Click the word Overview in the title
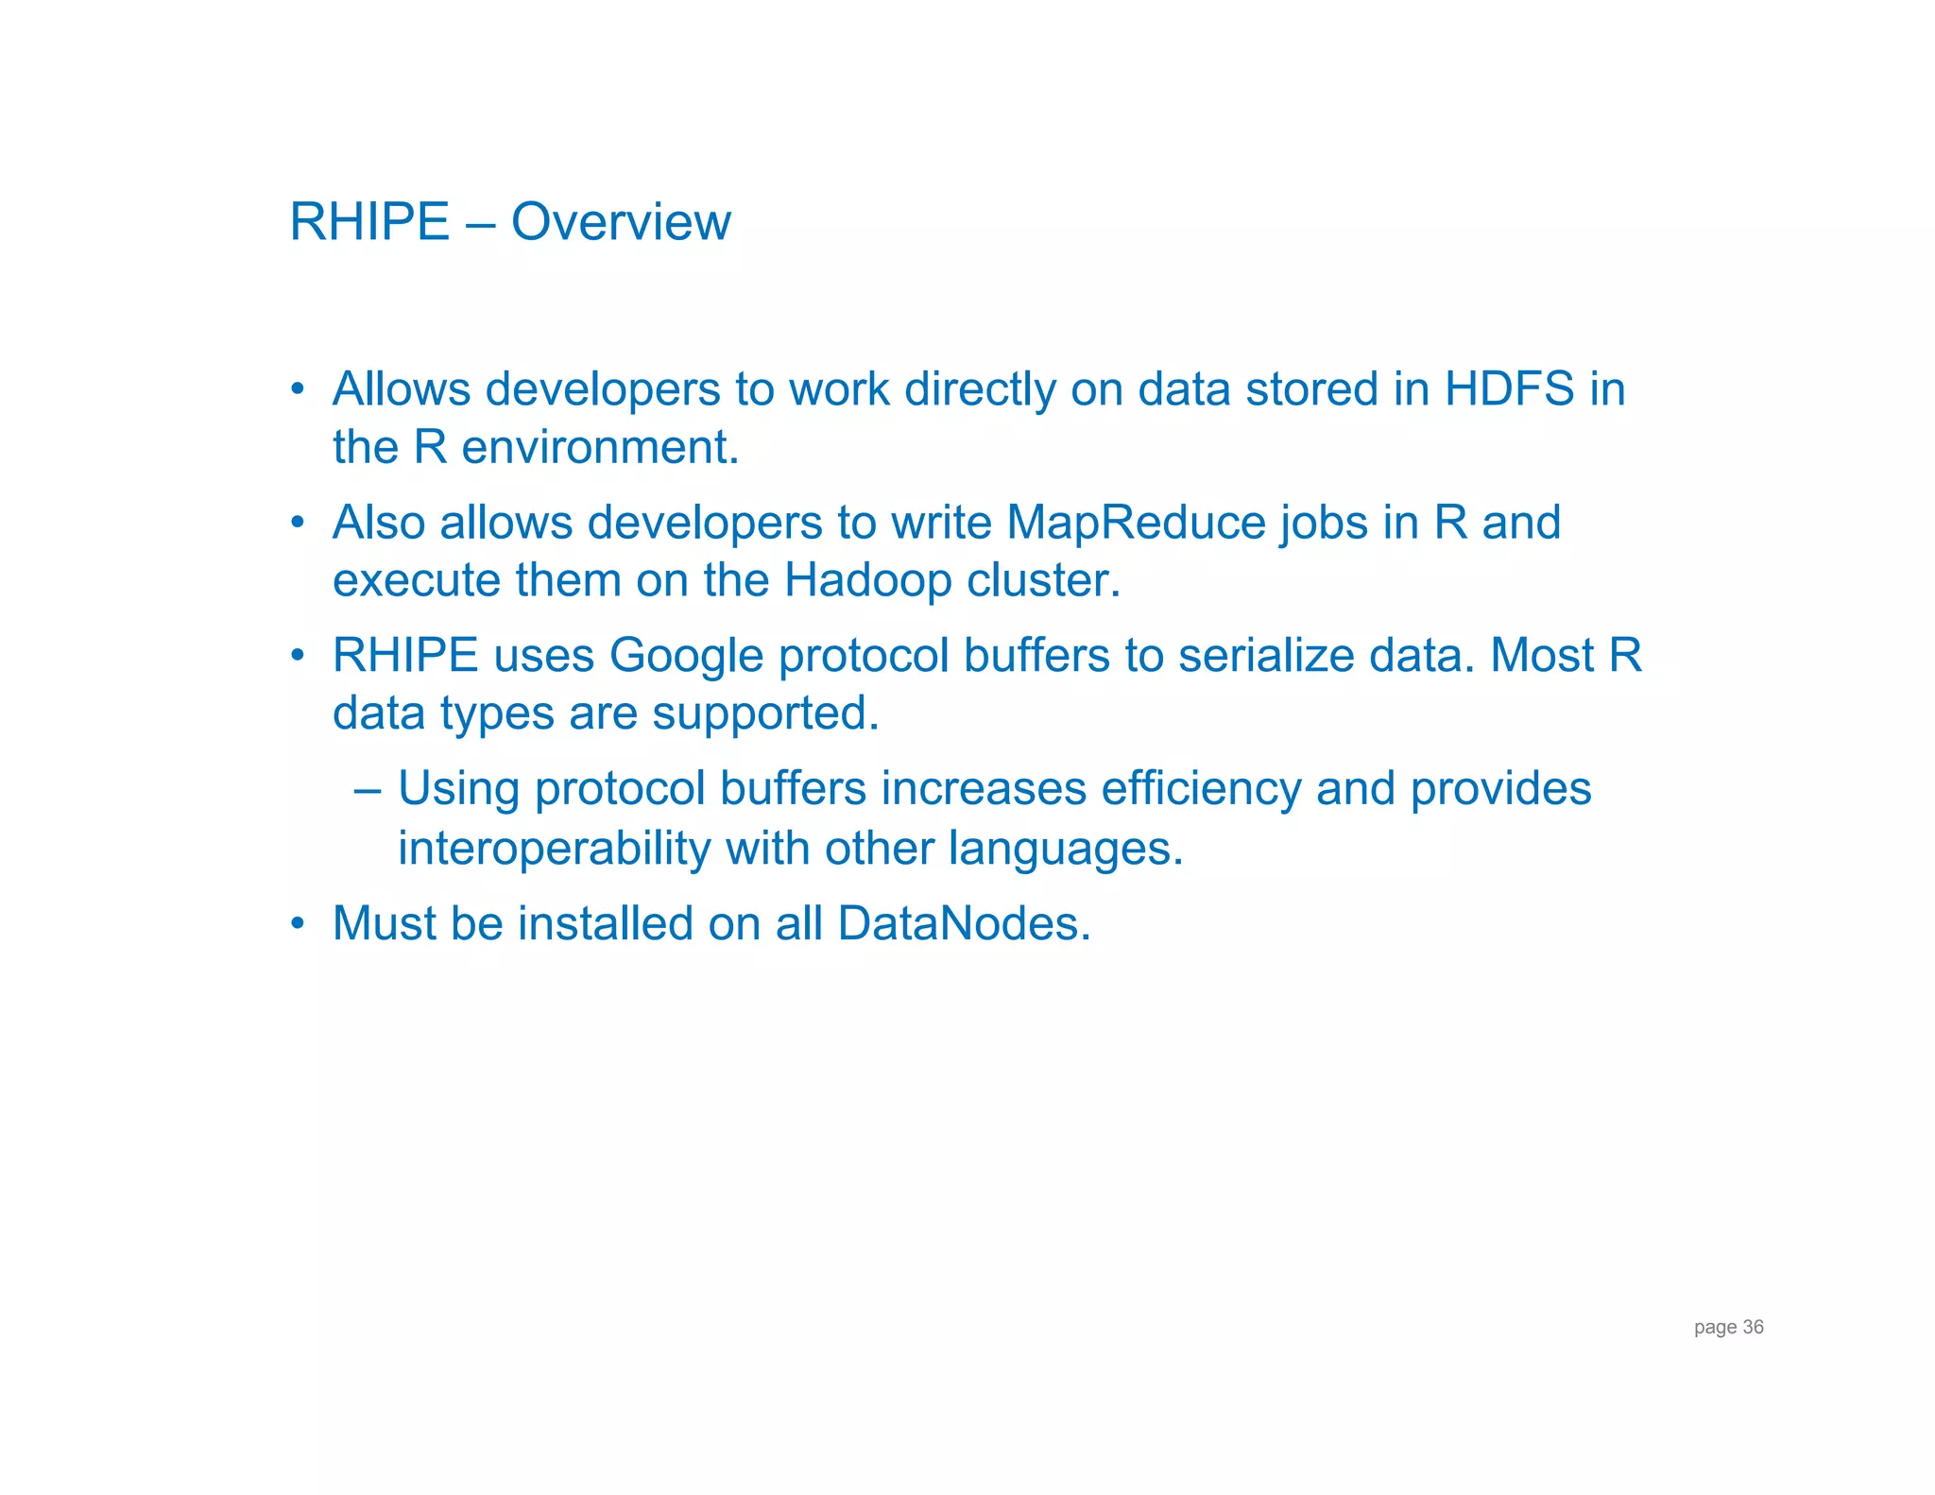pyautogui.click(x=621, y=223)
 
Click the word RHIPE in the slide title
pyautogui.click(x=369, y=223)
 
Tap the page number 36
pyautogui.click(x=1753, y=1327)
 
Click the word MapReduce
pyautogui.click(x=1136, y=523)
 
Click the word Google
pyautogui.click(x=686, y=656)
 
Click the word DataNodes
pyautogui.click(x=964, y=923)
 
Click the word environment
pyautogui.click(x=600, y=447)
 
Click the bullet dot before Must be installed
pyautogui.click(x=298, y=923)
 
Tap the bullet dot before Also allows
pyautogui.click(x=298, y=523)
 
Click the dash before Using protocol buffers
pyautogui.click(x=368, y=789)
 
